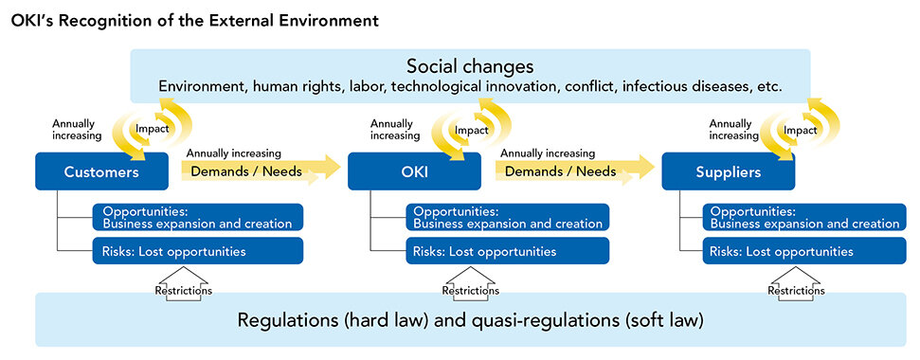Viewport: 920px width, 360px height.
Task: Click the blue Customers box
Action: click(x=101, y=171)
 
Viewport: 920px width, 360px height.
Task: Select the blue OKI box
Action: click(x=414, y=171)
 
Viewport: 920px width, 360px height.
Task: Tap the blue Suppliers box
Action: click(x=729, y=171)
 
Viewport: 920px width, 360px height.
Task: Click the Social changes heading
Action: click(x=470, y=66)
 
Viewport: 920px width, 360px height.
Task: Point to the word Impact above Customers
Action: click(x=152, y=129)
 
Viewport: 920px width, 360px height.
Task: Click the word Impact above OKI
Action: click(x=472, y=130)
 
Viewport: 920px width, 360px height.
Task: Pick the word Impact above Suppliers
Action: click(x=801, y=130)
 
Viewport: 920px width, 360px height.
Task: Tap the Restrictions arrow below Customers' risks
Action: click(x=183, y=284)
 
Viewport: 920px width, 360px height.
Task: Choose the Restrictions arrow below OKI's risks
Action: click(x=471, y=284)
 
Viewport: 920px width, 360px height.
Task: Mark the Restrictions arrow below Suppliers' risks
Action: click(x=796, y=284)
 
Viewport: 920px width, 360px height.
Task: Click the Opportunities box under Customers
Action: click(x=198, y=217)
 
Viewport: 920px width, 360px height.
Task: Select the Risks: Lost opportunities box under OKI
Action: click(x=508, y=251)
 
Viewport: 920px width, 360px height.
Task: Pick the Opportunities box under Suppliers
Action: click(x=804, y=217)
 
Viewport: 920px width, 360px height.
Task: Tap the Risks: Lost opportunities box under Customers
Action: click(x=198, y=251)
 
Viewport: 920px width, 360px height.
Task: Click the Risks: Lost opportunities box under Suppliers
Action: click(x=804, y=251)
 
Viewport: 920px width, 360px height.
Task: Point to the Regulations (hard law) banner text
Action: click(x=470, y=320)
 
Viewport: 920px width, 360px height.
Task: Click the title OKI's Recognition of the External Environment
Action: click(x=194, y=21)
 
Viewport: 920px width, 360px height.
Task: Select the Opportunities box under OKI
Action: click(x=508, y=217)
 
